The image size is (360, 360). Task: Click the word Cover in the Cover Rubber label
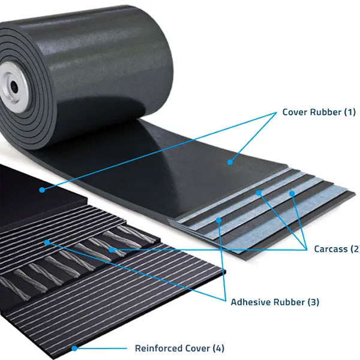point(295,112)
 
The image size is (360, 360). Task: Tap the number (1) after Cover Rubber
point(350,112)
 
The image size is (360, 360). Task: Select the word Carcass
point(331,249)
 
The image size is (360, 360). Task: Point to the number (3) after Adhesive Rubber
point(313,302)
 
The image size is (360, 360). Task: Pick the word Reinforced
point(158,348)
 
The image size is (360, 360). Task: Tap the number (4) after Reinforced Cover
point(218,348)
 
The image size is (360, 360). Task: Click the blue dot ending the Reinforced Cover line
point(74,348)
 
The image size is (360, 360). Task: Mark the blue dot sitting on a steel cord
point(112,250)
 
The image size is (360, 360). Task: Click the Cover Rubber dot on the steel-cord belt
point(42,190)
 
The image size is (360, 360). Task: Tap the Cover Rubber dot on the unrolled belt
point(230,163)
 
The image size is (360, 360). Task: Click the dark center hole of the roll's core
point(14,87)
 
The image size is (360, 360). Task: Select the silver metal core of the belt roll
point(13,87)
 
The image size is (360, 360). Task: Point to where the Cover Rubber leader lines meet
point(277,113)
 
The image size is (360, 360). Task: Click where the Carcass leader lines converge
point(307,250)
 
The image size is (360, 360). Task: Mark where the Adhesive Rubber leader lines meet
point(226,301)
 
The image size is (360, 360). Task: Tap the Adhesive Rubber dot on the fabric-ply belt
point(218,220)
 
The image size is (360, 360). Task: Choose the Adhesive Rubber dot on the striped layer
point(47,242)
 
